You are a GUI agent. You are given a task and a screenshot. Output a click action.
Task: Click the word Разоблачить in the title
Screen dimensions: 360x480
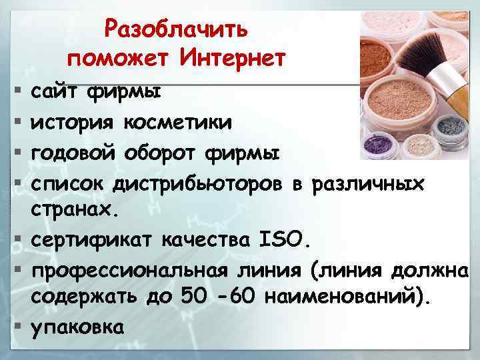177,29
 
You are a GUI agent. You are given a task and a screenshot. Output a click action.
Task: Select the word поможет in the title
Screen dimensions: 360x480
127,59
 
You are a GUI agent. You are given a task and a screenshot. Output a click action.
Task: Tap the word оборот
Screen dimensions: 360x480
162,153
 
